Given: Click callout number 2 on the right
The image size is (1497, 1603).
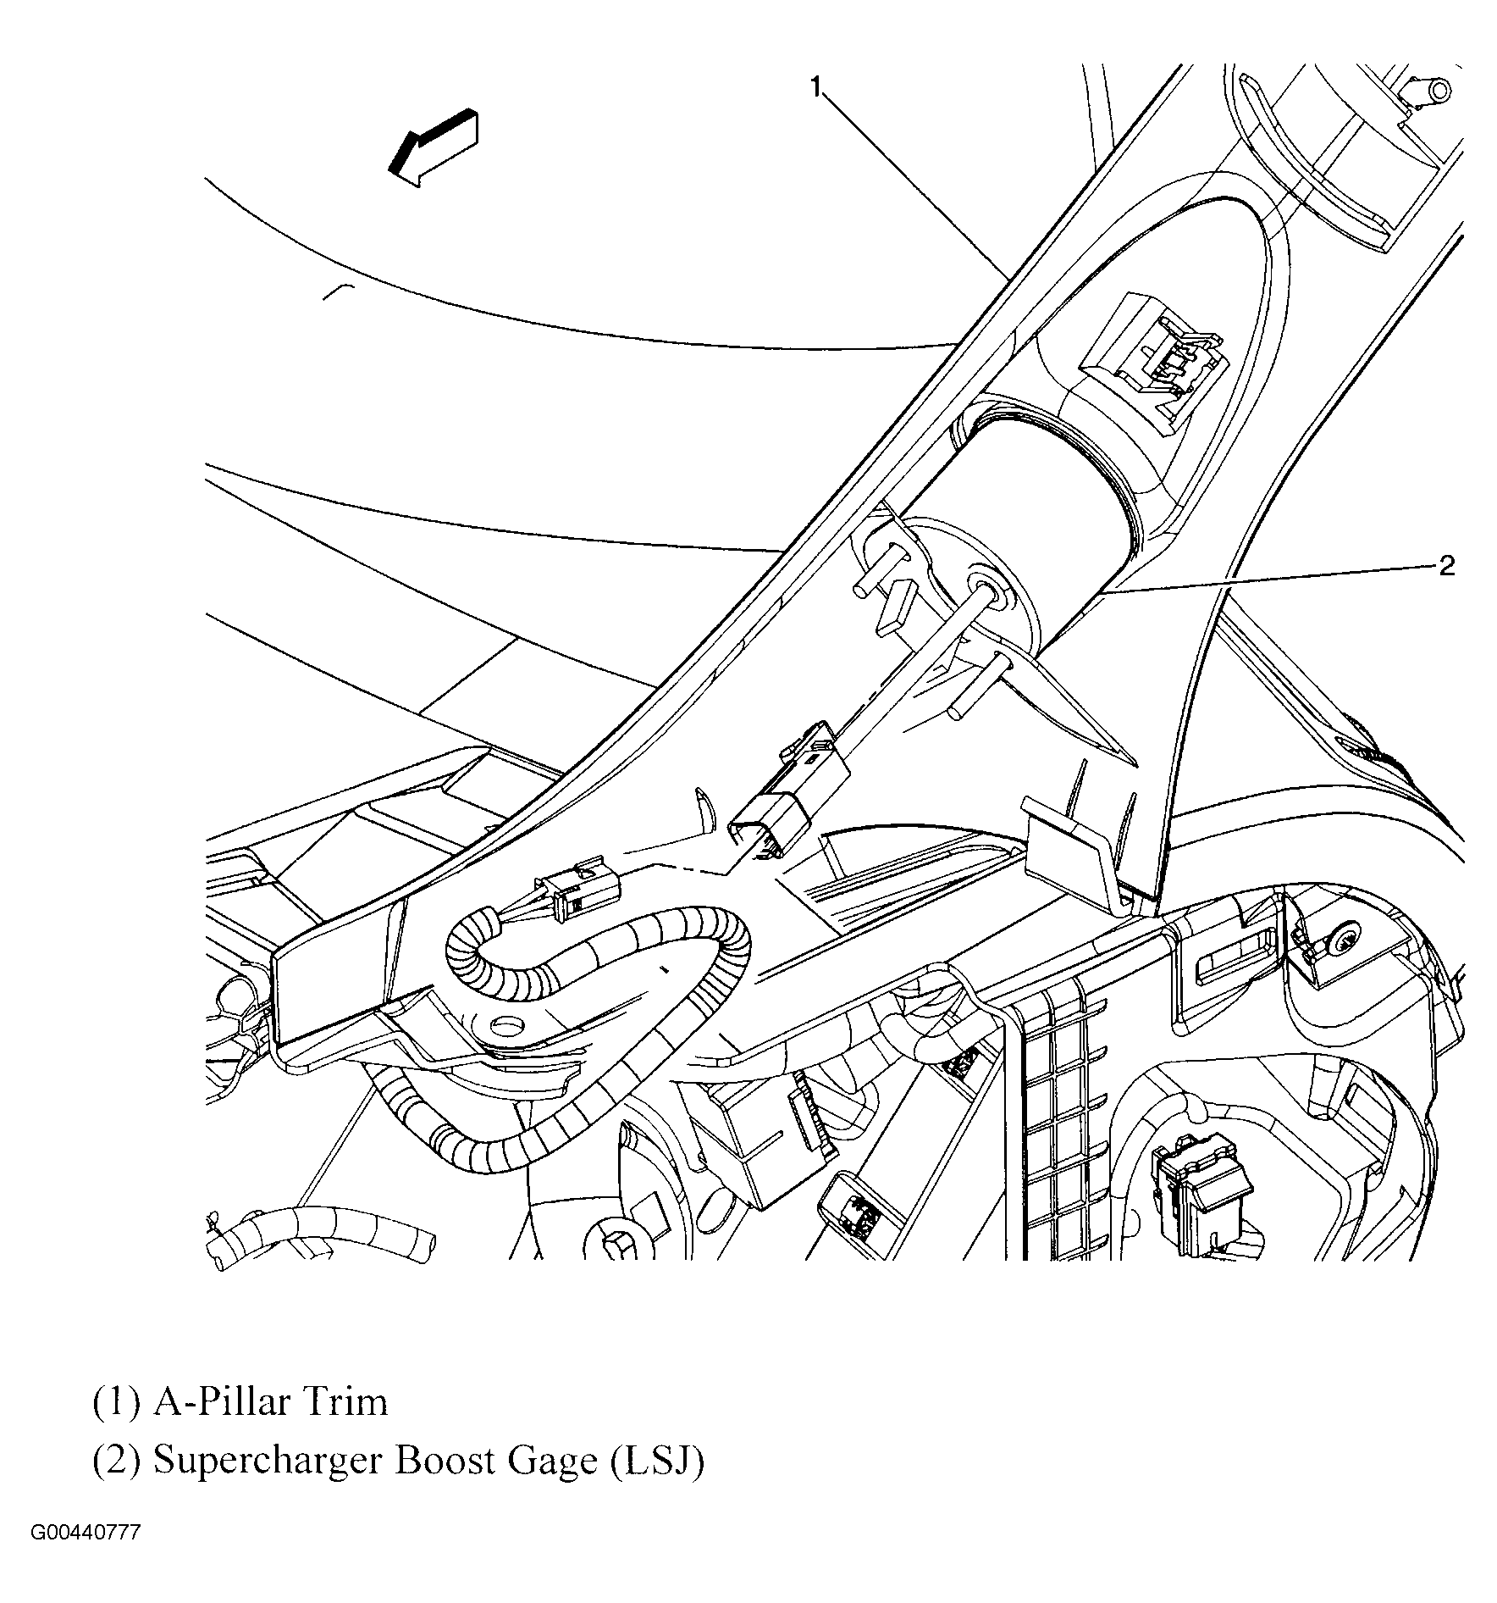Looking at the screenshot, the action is tap(1447, 565).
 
